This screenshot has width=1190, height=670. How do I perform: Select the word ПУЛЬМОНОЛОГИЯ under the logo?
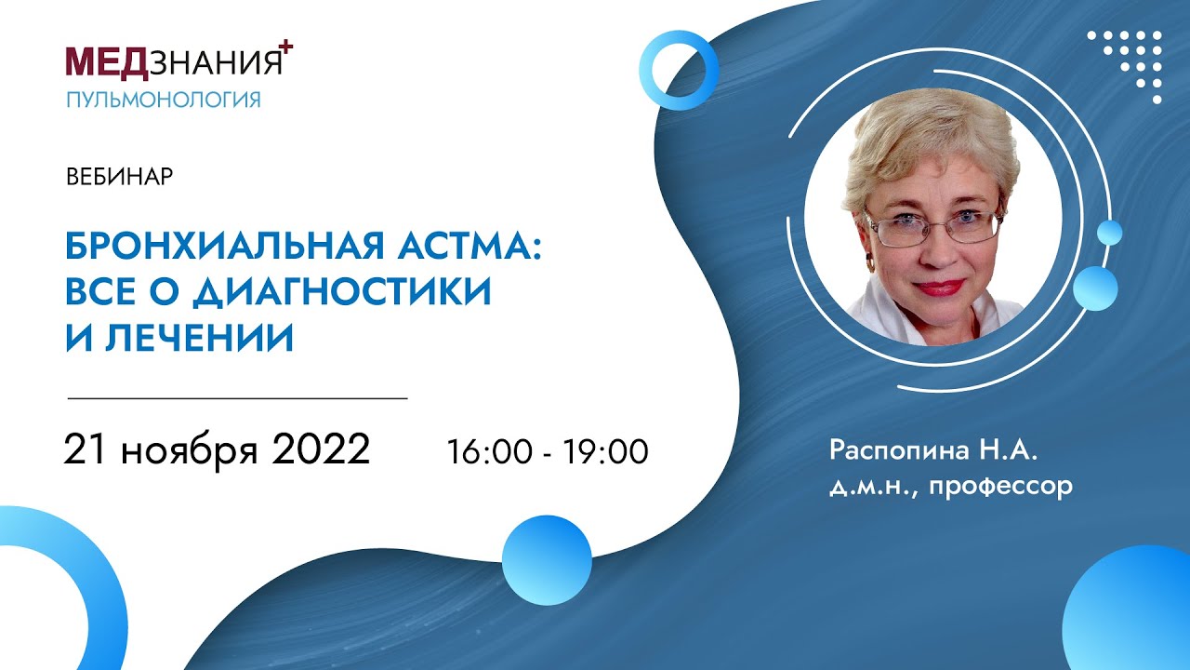click(x=163, y=100)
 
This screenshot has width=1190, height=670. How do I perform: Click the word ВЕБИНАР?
click(x=120, y=177)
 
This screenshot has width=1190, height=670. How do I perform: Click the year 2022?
click(x=322, y=450)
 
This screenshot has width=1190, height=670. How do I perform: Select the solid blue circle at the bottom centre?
click(x=547, y=561)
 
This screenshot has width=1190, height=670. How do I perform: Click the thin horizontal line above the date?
click(x=238, y=398)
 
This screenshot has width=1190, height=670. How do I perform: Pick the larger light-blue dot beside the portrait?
click(x=1095, y=288)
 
